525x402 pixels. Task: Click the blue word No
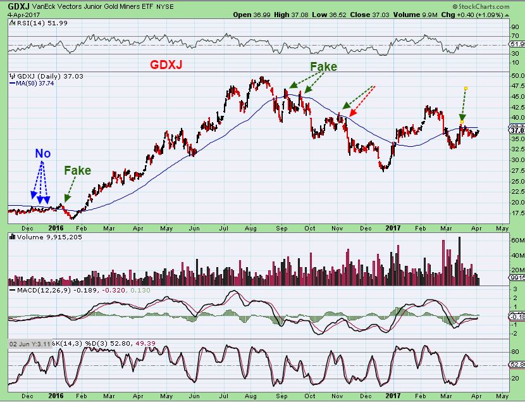(43, 154)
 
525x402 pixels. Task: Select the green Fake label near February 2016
(77, 170)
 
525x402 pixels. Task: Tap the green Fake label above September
(323, 66)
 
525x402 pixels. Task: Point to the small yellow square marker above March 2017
(466, 88)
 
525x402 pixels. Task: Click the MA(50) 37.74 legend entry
(33, 83)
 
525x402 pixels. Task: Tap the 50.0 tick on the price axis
(502, 75)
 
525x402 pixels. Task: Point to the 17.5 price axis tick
(502, 213)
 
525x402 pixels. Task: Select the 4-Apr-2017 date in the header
(20, 14)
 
